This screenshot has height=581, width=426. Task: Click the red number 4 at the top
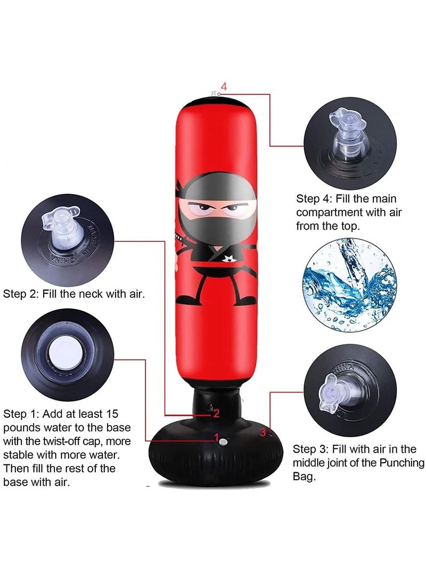224,87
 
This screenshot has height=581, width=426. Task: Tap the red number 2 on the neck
216,412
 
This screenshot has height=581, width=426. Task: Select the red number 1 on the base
217,437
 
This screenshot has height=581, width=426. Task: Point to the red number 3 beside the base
263,432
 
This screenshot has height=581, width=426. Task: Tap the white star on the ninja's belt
230,259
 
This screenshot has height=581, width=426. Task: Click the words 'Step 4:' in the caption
314,199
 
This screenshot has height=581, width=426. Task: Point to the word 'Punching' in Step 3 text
402,463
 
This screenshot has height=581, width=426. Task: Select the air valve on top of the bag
214,94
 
